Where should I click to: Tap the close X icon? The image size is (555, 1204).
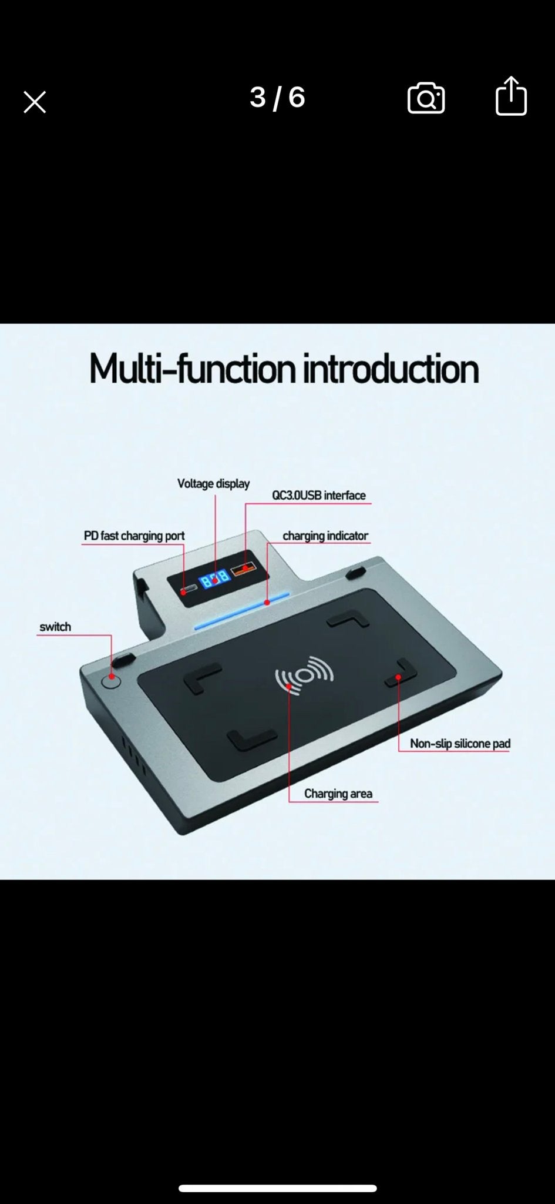click(x=35, y=102)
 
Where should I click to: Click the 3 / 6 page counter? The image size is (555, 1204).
click(x=277, y=98)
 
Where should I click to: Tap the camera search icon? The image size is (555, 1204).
click(x=426, y=98)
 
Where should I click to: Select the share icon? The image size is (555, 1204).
click(x=511, y=95)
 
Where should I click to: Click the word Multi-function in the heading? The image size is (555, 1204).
click(x=192, y=369)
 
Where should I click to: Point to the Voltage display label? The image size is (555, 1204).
click(x=214, y=484)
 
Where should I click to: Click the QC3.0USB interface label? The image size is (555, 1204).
click(x=319, y=496)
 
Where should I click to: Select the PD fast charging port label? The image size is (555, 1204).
click(x=134, y=536)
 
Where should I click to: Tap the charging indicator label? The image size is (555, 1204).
click(x=325, y=536)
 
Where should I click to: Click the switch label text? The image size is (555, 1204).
click(x=55, y=627)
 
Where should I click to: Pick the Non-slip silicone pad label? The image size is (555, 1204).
click(x=460, y=744)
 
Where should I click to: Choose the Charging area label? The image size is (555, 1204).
click(x=338, y=794)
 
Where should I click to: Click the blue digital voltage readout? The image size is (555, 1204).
click(x=214, y=579)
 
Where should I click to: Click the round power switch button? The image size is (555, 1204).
click(x=111, y=681)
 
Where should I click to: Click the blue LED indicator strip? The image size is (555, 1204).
click(x=242, y=611)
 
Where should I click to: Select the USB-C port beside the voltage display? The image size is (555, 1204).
click(x=189, y=590)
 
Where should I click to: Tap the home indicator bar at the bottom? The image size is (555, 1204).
click(x=277, y=1188)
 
